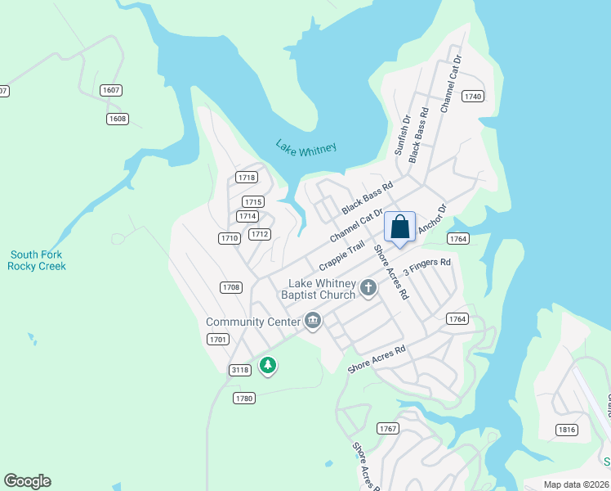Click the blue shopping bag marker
pyautogui.click(x=399, y=227)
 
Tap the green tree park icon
pyautogui.click(x=267, y=365)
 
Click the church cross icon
pyautogui.click(x=368, y=287)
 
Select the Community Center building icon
pyautogui.click(x=312, y=322)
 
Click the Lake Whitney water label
pyautogui.click(x=305, y=147)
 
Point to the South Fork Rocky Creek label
pyautogui.click(x=37, y=260)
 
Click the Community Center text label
pyautogui.click(x=253, y=322)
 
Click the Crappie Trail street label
pyautogui.click(x=341, y=256)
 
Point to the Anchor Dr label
pyautogui.click(x=434, y=219)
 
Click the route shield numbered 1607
pyautogui.click(x=110, y=89)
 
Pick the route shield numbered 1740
pyautogui.click(x=472, y=97)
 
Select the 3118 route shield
pyautogui.click(x=239, y=370)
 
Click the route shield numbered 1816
pyautogui.click(x=565, y=429)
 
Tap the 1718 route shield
pyautogui.click(x=246, y=177)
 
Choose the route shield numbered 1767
pyautogui.click(x=387, y=429)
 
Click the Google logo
pyautogui.click(x=27, y=481)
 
